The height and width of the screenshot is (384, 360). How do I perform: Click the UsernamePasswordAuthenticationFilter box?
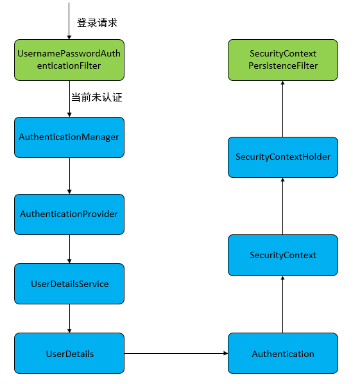[69, 60]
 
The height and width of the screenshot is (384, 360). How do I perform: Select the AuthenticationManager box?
[69, 137]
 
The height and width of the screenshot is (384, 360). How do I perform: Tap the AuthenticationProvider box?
[69, 214]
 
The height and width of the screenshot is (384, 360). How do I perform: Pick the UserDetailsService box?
[69, 284]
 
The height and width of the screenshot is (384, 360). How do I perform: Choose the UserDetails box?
[69, 354]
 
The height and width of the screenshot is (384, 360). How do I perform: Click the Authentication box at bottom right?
[283, 354]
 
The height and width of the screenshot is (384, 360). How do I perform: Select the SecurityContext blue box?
[283, 255]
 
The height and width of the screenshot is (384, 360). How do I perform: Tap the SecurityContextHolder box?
[283, 157]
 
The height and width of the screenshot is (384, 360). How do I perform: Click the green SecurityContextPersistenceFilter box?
[283, 60]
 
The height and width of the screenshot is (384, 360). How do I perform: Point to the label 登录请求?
[98, 22]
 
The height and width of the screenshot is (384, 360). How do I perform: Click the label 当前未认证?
[96, 98]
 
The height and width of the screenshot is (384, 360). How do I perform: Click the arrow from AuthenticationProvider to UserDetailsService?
[69, 249]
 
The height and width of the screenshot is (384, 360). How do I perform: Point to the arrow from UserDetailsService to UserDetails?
[69, 319]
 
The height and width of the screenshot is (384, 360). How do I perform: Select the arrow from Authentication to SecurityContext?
[283, 304]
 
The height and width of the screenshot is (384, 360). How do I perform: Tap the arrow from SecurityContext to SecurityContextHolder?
[283, 206]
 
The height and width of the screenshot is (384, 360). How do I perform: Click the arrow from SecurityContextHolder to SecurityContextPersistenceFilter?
[283, 109]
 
